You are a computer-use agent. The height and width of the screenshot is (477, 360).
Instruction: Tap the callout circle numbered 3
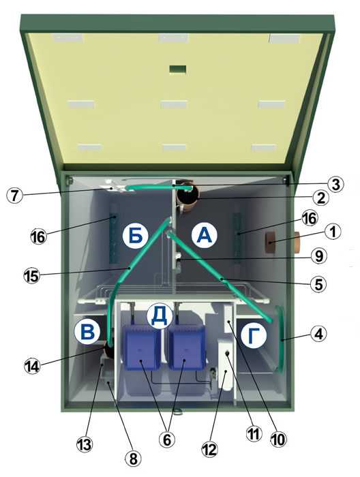(335, 185)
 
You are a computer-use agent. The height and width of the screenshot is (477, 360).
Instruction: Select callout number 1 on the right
(333, 232)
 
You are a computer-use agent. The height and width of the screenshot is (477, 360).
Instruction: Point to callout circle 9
(318, 256)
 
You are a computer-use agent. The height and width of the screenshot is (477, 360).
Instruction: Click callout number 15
(31, 275)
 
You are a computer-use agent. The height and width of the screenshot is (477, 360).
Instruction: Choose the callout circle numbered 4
(318, 335)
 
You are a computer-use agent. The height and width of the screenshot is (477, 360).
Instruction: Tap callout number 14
(32, 366)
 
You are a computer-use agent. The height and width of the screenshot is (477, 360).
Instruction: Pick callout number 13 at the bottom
(85, 445)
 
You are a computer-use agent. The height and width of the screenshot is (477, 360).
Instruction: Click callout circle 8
(133, 459)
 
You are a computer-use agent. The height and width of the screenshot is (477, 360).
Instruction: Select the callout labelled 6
(167, 440)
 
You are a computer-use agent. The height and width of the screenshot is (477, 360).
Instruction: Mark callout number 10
(278, 440)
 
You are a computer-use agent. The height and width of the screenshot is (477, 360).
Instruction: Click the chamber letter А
(204, 235)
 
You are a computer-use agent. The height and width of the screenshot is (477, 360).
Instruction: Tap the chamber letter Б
(135, 236)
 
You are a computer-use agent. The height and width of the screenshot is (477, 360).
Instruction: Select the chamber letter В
(87, 332)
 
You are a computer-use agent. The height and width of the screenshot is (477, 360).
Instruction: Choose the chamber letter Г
(254, 335)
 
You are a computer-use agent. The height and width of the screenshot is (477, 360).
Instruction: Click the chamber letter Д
(160, 316)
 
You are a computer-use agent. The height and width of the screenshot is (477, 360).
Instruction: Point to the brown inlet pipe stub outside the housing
(297, 243)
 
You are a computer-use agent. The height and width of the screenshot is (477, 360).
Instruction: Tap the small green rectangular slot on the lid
(178, 69)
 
